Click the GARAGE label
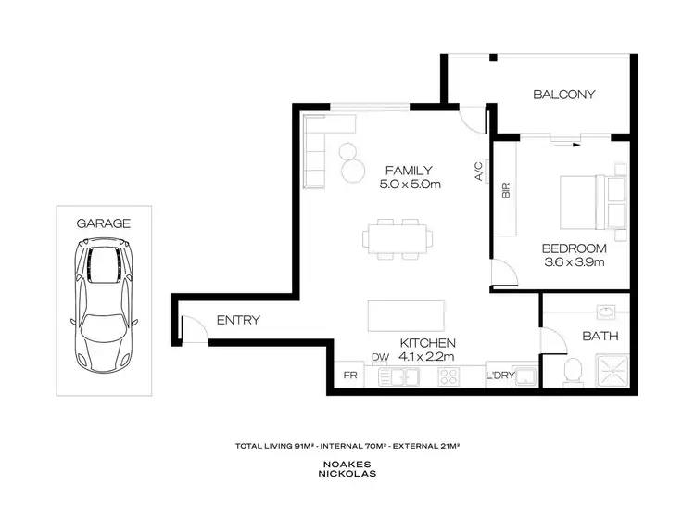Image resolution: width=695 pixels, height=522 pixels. (x=103, y=223)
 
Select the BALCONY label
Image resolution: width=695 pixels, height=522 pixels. (x=563, y=95)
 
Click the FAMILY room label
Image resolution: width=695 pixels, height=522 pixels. (x=409, y=170)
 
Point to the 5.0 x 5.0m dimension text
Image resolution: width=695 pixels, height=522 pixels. (x=409, y=185)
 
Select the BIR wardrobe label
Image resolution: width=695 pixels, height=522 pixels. (x=506, y=192)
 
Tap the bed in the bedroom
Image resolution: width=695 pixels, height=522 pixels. (x=593, y=202)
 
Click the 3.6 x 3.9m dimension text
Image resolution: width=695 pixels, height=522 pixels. (x=574, y=262)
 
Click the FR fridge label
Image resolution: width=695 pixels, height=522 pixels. (x=350, y=376)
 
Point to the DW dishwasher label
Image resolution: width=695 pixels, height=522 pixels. (x=380, y=357)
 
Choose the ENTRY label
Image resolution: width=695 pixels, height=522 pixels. (x=238, y=321)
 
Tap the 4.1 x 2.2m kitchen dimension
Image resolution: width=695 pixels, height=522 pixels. (x=427, y=356)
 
